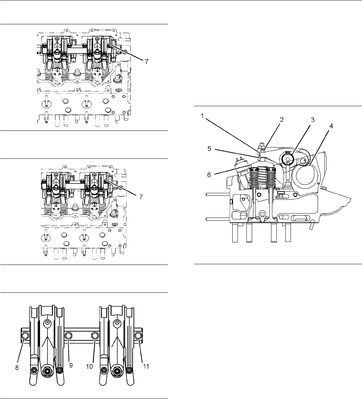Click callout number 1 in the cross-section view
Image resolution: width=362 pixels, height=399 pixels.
202,116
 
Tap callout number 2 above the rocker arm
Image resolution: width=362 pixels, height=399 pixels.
282,120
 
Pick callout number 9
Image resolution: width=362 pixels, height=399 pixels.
71,366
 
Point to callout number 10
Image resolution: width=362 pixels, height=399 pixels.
89,366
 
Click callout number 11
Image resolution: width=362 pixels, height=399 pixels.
145,366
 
